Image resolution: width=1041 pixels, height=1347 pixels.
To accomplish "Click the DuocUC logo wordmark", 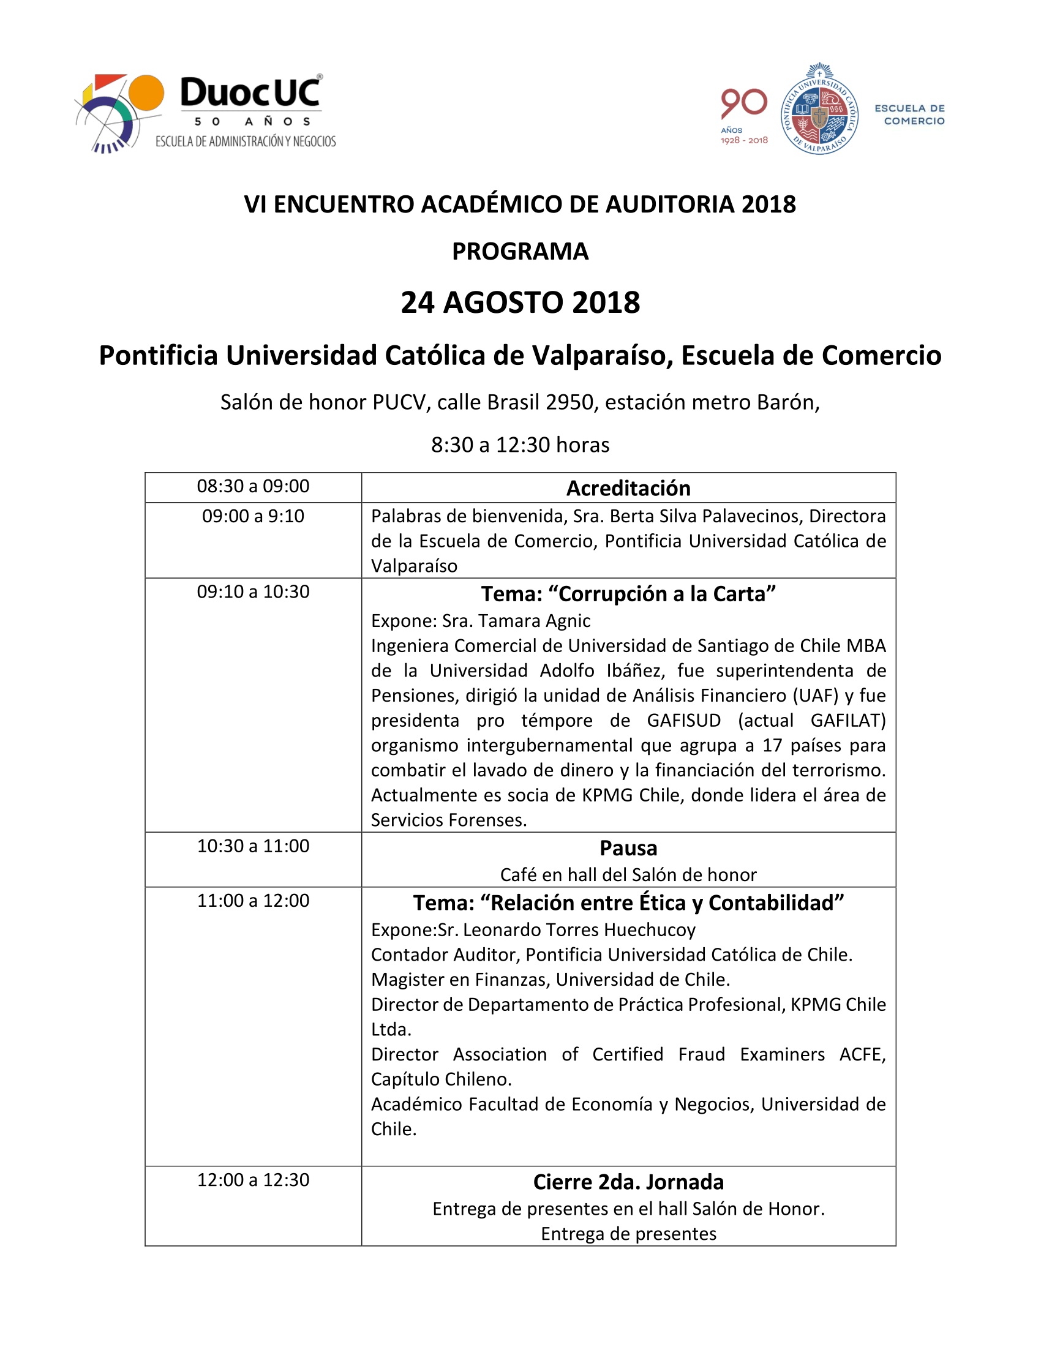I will [x=250, y=93].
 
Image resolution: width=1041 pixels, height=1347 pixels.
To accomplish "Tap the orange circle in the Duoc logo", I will [x=146, y=93].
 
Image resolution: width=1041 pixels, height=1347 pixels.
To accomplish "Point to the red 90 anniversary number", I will [x=744, y=103].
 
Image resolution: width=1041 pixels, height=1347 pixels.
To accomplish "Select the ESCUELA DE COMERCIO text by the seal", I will [x=909, y=114].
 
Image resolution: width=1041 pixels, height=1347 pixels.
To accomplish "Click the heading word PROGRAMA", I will [x=520, y=252].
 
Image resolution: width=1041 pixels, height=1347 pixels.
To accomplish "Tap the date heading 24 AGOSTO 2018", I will [x=520, y=303].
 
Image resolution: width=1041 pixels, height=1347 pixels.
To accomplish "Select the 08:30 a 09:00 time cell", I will [x=253, y=487].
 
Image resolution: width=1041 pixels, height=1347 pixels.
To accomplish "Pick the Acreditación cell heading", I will [x=628, y=489].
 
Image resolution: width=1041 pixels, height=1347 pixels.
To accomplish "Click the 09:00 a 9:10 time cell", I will [x=253, y=516].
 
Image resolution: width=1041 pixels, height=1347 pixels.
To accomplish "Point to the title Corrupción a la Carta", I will [x=628, y=594].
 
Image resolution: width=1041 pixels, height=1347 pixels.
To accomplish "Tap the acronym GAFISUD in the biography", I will [x=683, y=721].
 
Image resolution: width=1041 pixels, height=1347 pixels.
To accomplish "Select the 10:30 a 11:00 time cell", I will [x=253, y=846].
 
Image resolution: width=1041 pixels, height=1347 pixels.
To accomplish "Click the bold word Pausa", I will [x=628, y=849].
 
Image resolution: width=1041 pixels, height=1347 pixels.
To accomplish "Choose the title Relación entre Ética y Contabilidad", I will [x=628, y=903].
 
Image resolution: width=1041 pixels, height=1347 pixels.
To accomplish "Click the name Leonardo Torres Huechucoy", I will [x=579, y=930].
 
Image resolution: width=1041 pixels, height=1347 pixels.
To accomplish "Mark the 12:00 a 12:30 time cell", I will [x=253, y=1180].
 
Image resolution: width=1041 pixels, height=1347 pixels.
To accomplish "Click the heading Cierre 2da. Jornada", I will [x=628, y=1182].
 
